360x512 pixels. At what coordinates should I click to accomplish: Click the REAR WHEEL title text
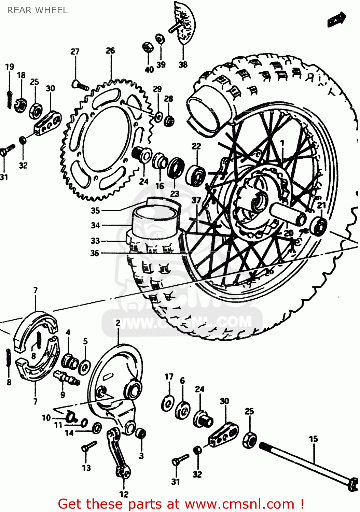[x=38, y=10]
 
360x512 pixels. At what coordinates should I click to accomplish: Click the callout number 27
[x=75, y=52]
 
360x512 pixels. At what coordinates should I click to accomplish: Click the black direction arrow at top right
[x=336, y=19]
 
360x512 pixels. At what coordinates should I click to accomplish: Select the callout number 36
[x=95, y=253]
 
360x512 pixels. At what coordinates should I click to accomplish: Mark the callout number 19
[x=10, y=67]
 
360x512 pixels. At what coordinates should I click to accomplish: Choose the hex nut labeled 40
[x=147, y=47]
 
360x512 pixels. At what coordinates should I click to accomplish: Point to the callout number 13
[x=86, y=468]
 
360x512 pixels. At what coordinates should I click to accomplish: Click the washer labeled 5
[x=84, y=367]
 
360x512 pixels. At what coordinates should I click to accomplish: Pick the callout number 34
[x=95, y=225]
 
